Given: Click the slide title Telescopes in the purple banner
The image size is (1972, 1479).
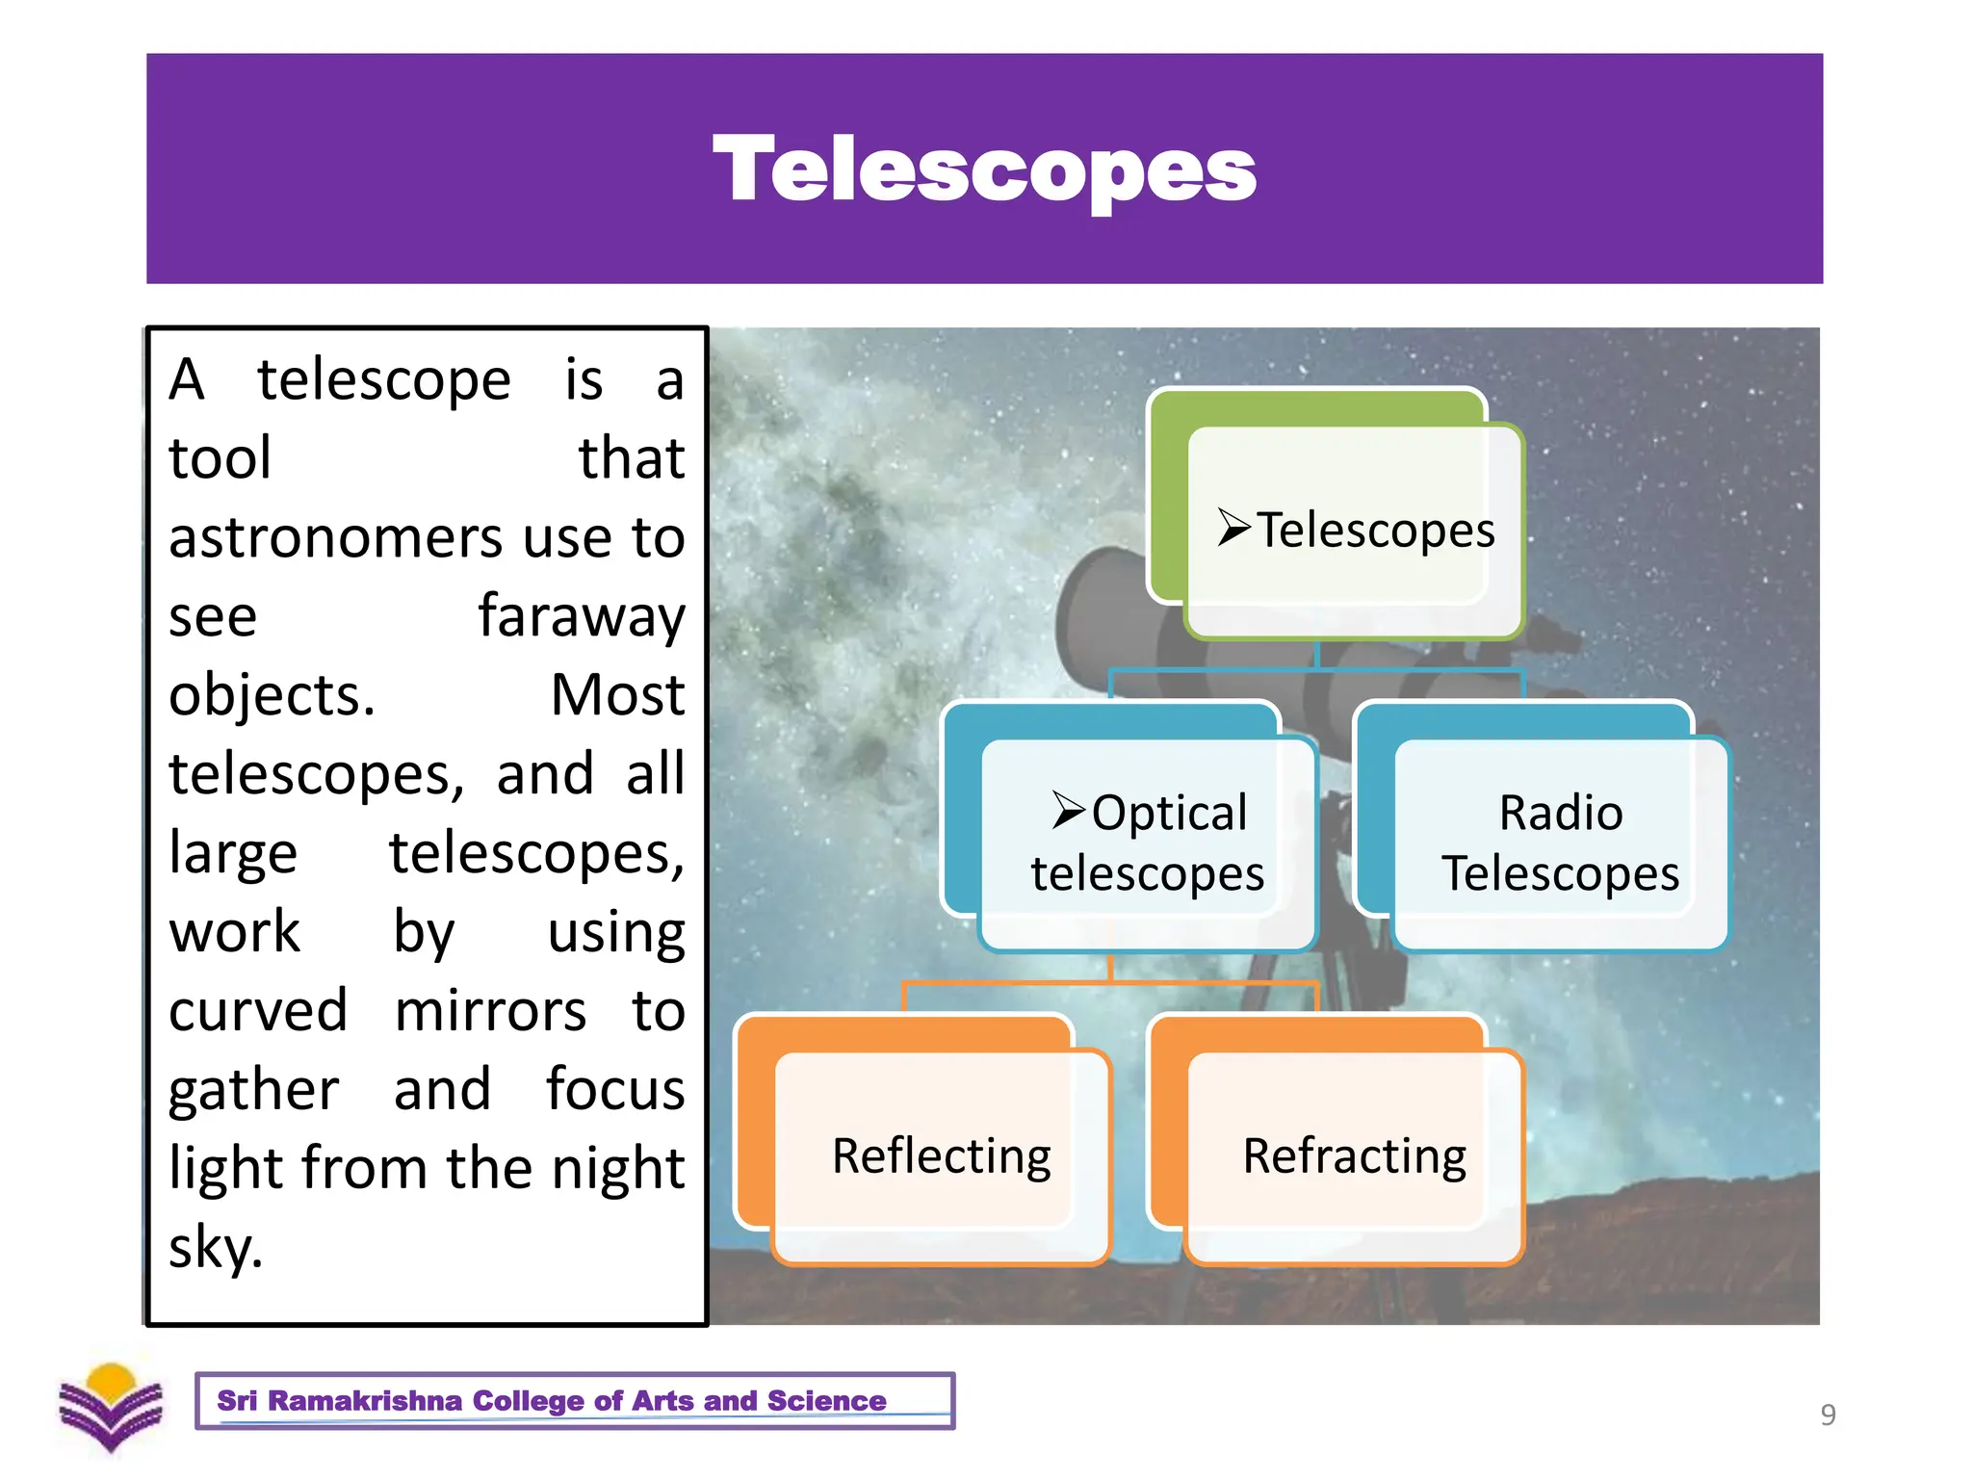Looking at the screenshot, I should click(984, 170).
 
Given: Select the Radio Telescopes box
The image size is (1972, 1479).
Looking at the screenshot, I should click(1560, 843).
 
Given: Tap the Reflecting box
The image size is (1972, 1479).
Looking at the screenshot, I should click(941, 1155).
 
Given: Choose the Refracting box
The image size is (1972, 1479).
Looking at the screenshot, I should click(1354, 1155).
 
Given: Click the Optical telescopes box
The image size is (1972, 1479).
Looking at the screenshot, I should click(1147, 843).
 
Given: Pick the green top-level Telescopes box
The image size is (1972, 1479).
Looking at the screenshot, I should click(1354, 530).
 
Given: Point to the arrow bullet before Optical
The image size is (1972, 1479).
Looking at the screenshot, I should click(1069, 810).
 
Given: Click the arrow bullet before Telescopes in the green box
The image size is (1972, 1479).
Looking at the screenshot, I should click(1233, 528).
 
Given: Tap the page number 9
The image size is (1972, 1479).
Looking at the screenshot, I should click(1828, 1414).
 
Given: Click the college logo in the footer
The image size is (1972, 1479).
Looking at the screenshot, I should click(111, 1407).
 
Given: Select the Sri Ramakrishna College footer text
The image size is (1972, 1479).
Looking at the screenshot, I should click(551, 1400).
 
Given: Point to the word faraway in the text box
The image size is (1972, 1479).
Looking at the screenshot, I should click(582, 616).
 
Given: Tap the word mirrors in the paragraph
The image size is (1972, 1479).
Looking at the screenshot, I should click(490, 1011).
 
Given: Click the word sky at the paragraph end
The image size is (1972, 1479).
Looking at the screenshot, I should click(215, 1248).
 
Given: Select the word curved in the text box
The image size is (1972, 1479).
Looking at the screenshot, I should click(258, 1011).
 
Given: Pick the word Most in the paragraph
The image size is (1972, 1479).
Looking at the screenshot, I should click(617, 695).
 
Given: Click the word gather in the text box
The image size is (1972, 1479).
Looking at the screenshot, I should click(253, 1090).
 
